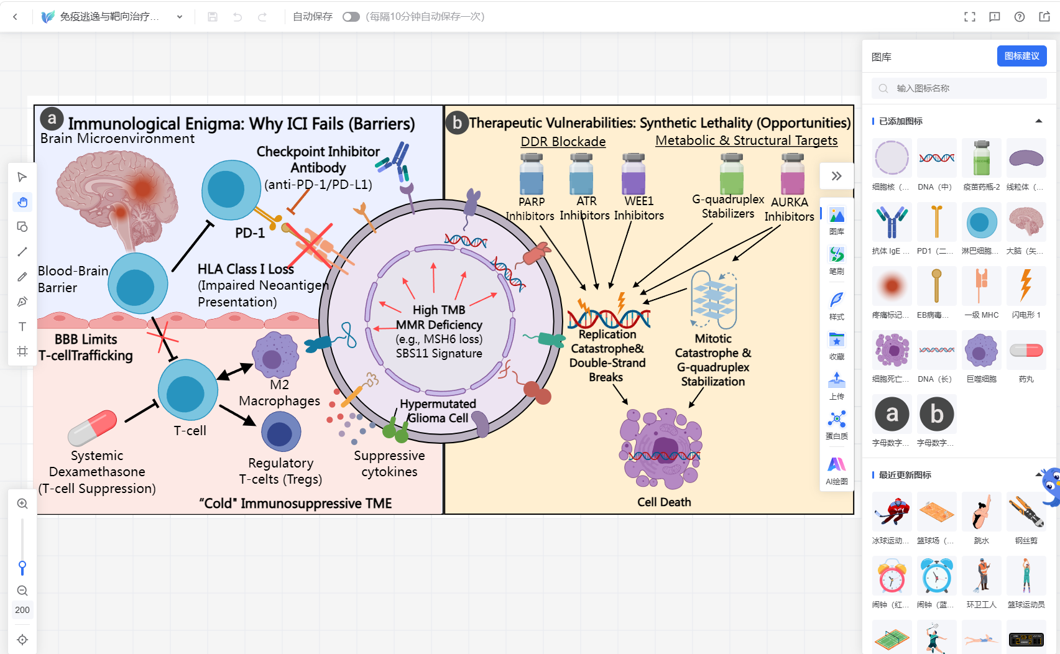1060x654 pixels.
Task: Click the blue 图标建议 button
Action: [1021, 57]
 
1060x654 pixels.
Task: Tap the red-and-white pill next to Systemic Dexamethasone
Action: [92, 428]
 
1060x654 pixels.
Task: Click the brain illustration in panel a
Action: [116, 200]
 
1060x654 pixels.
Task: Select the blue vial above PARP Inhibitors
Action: [531, 173]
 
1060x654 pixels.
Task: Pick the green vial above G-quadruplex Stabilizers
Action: [731, 173]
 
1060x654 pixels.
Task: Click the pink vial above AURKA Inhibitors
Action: [792, 173]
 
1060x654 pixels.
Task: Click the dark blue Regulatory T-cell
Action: [281, 431]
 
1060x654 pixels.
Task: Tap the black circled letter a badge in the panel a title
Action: [52, 119]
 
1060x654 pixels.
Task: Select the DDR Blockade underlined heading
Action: [563, 142]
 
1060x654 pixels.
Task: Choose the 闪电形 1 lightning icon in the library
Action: [1025, 286]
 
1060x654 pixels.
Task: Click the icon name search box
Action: [959, 88]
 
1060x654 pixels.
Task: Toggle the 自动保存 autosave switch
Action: [351, 17]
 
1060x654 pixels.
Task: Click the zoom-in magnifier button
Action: [22, 504]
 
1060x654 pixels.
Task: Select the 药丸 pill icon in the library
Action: [1025, 351]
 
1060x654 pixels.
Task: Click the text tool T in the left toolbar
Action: [22, 326]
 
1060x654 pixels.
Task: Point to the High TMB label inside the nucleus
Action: [439, 310]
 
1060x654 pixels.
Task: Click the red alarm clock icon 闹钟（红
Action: [892, 576]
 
